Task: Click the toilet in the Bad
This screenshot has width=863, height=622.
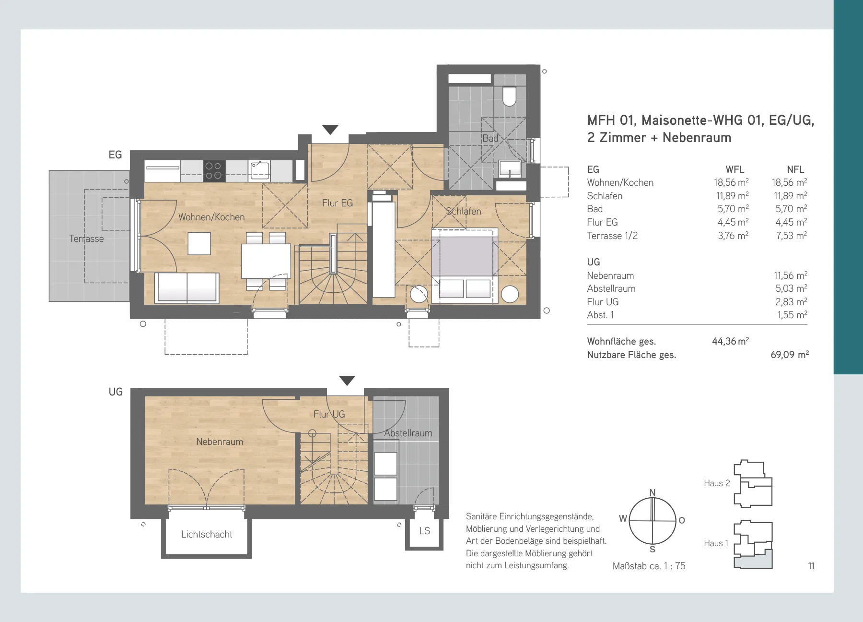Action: point(509,96)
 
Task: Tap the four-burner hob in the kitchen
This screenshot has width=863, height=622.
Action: point(213,171)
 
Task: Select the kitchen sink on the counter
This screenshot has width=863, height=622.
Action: point(259,170)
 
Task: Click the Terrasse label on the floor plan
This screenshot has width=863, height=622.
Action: point(86,239)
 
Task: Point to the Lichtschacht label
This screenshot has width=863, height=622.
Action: point(207,534)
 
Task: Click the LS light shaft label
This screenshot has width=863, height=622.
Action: point(425,531)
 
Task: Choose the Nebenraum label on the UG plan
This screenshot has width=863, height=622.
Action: point(220,442)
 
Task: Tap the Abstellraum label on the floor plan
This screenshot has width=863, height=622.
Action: point(408,433)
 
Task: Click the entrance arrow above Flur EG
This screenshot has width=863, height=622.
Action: point(330,130)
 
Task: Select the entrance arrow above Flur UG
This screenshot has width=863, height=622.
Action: point(347,381)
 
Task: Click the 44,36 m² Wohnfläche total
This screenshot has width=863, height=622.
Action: point(730,341)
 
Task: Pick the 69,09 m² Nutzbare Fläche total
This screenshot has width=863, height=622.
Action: point(790,355)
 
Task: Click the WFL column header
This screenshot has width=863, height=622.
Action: point(735,169)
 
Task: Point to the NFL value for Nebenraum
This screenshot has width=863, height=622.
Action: point(791,275)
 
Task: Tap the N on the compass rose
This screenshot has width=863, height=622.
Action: point(653,492)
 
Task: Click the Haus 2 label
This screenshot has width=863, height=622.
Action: point(717,483)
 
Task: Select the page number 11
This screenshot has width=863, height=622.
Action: point(811,566)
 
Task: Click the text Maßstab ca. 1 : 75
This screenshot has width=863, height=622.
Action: point(649,566)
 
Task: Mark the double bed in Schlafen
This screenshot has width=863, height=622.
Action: point(465,265)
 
